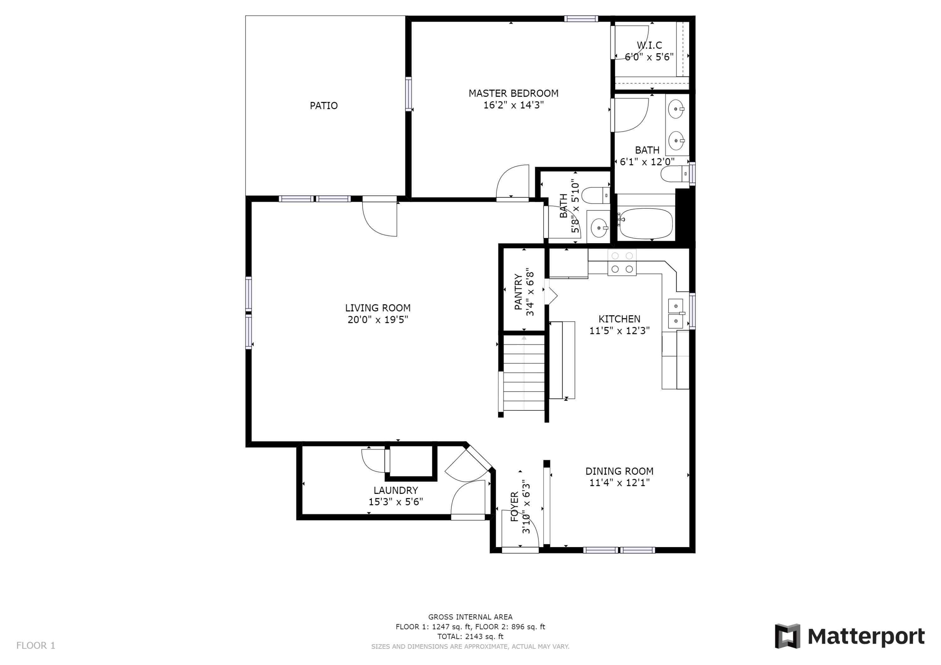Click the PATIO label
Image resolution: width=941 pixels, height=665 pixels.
tap(323, 106)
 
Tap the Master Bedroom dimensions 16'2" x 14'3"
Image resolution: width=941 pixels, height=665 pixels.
tap(513, 105)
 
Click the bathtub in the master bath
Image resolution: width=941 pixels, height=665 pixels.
tap(646, 224)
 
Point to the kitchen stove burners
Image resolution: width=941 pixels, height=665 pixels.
tap(621, 262)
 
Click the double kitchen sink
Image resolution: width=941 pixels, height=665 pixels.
tap(675, 314)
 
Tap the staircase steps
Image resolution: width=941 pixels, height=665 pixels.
tap(524, 373)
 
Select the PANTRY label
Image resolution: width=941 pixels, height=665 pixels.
tap(518, 292)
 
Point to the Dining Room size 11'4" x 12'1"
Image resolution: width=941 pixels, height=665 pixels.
tap(619, 483)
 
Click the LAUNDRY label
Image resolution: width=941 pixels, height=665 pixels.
tap(396, 490)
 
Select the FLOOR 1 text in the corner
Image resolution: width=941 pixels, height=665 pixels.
tap(36, 646)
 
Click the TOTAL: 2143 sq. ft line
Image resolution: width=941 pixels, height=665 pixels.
tap(470, 636)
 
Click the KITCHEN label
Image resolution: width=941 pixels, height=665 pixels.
tap(619, 319)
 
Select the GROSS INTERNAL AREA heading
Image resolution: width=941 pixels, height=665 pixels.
tap(470, 617)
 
